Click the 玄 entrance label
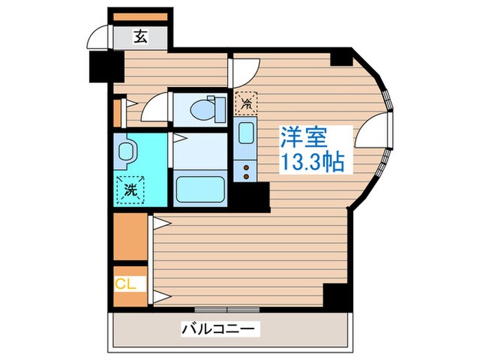click(139, 37)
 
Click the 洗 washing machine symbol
click(130, 189)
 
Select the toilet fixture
click(206, 108)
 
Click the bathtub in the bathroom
click(200, 188)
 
